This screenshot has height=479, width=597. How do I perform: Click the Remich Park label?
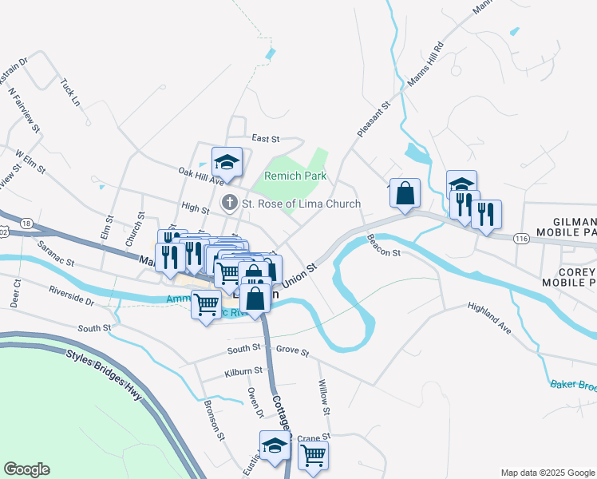pos(296,176)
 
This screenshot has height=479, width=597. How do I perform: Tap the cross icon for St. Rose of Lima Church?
pos(230,204)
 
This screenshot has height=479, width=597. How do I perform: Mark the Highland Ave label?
pos(488,317)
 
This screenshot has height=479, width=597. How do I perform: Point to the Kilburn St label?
pos(243,371)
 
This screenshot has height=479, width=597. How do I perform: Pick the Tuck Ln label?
pos(70,93)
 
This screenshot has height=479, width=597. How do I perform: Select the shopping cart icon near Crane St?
pos(314,456)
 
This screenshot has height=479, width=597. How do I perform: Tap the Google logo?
pos(26,469)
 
